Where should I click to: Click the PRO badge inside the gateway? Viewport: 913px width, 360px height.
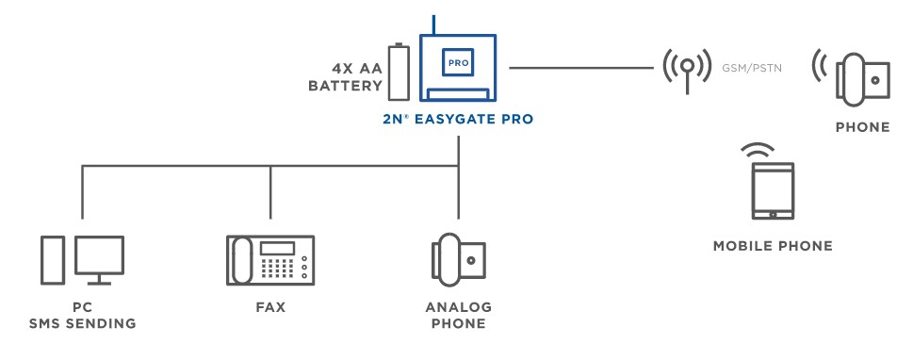click(458, 63)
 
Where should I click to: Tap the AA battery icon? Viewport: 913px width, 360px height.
click(399, 72)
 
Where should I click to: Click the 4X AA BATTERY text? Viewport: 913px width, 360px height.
click(345, 77)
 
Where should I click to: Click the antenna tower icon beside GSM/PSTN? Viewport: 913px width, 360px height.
click(688, 69)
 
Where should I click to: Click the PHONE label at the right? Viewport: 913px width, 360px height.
click(862, 127)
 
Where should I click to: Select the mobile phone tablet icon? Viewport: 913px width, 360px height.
click(773, 191)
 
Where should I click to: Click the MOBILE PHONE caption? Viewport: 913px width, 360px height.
click(773, 246)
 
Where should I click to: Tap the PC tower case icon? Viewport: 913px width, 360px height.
click(52, 260)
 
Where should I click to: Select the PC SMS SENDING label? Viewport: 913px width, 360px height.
click(82, 316)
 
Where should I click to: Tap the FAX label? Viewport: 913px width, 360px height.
click(269, 307)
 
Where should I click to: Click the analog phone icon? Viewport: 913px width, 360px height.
click(458, 258)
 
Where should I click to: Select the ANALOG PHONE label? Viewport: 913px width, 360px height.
click(458, 316)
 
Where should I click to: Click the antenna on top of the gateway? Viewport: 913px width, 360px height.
click(433, 25)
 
